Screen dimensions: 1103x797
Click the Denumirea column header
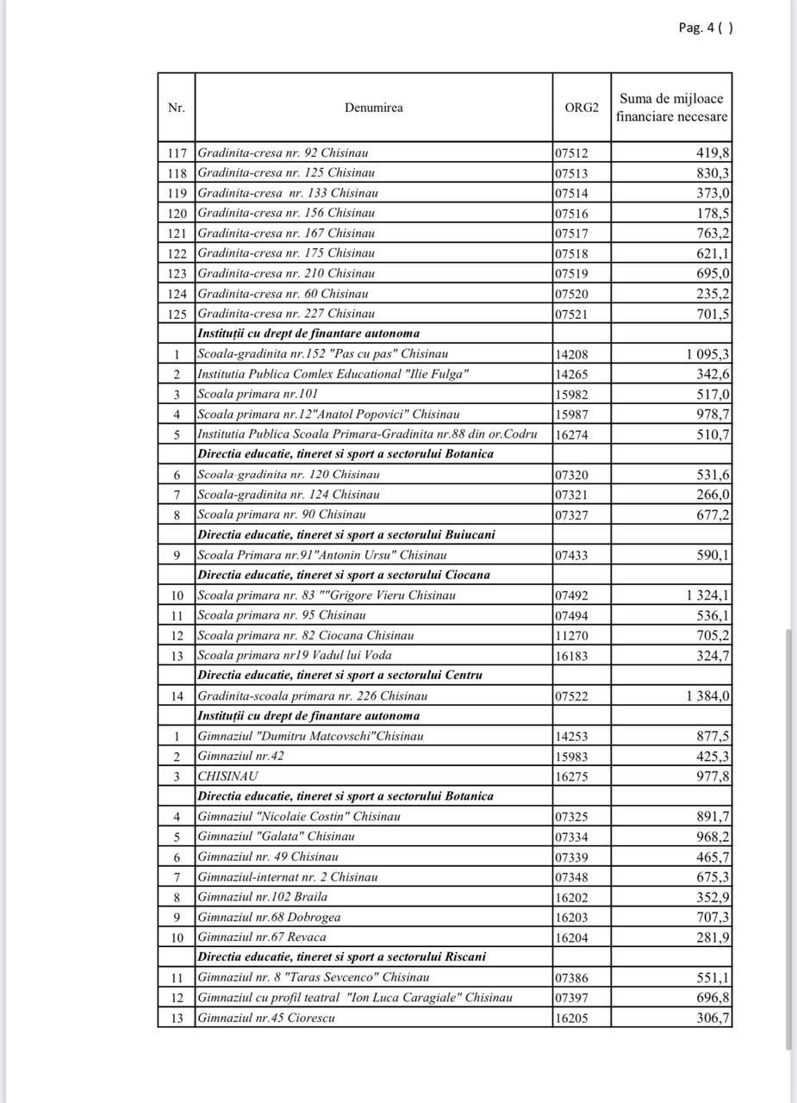(x=373, y=108)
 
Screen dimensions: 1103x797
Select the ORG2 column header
(x=581, y=108)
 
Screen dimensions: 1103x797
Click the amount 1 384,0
(x=708, y=696)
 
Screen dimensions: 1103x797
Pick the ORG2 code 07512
(x=571, y=153)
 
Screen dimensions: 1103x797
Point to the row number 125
(x=176, y=314)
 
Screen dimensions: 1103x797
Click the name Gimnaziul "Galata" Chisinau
(x=276, y=837)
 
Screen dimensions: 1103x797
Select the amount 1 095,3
(x=708, y=354)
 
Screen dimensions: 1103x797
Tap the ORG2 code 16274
(x=571, y=434)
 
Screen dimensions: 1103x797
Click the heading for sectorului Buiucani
(x=346, y=534)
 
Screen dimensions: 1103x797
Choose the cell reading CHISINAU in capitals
(x=228, y=776)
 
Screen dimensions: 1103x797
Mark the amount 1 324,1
(x=708, y=595)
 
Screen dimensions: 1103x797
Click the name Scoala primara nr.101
(x=246, y=395)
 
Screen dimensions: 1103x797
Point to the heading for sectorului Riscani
(x=341, y=957)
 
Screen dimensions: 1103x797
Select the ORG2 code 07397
(x=571, y=998)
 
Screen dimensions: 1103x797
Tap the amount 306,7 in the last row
(x=713, y=1018)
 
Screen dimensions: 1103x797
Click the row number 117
(x=176, y=153)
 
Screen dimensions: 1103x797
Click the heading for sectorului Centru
(x=339, y=676)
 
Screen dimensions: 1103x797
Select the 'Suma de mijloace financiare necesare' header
(x=671, y=108)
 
